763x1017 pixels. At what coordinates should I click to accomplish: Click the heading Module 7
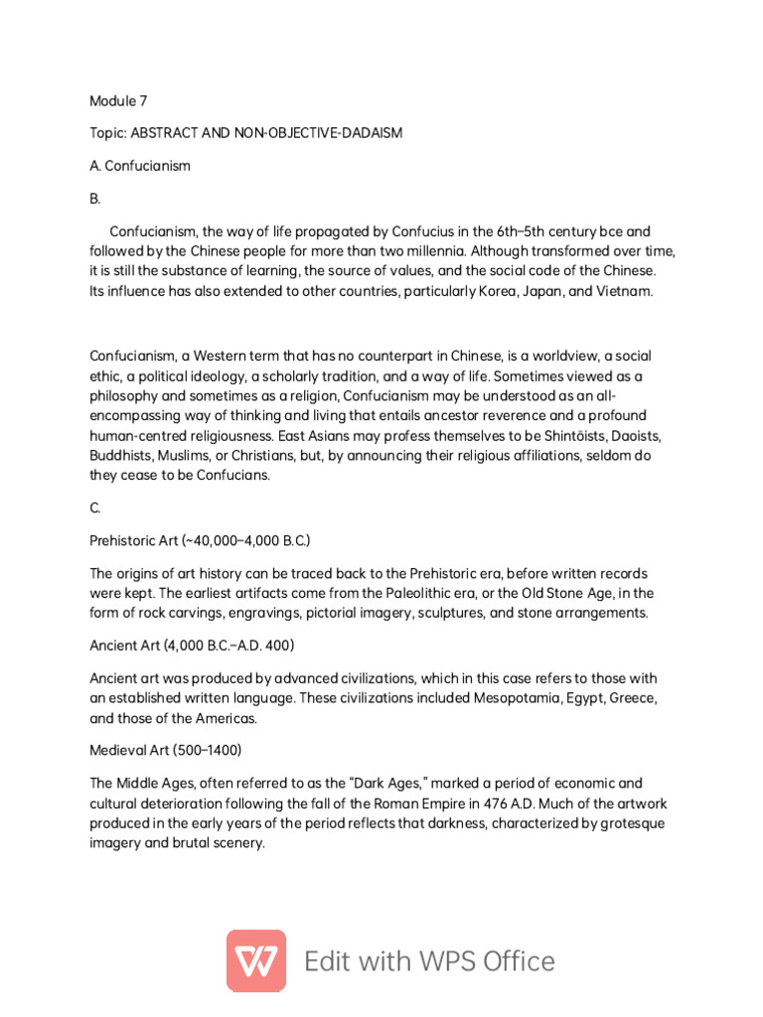click(x=118, y=100)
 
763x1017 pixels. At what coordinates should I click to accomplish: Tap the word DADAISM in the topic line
click(x=371, y=133)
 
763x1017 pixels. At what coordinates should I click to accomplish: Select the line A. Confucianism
click(x=140, y=166)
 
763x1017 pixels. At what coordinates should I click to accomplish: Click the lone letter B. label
click(x=95, y=199)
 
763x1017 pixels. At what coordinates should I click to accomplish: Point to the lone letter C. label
click(x=95, y=508)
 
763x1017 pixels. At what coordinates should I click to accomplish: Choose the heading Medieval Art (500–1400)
click(x=166, y=749)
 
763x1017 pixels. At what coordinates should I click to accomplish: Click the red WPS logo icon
click(x=256, y=960)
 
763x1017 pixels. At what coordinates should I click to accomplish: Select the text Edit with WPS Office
click(x=429, y=961)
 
